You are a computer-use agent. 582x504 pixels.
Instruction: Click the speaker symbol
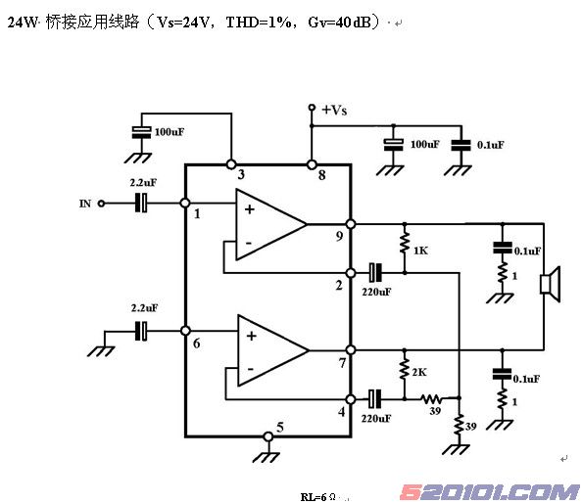point(550,284)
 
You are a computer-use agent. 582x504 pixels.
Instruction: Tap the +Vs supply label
point(334,111)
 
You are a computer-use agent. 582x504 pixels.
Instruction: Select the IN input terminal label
point(85,204)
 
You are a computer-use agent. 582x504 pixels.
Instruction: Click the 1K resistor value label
point(421,251)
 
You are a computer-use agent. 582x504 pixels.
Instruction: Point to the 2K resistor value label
point(419,372)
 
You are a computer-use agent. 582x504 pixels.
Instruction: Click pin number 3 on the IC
point(241,174)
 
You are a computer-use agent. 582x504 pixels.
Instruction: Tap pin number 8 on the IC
point(321,175)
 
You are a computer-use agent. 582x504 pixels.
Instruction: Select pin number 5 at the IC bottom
point(280,428)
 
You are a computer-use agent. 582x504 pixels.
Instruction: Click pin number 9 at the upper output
point(339,236)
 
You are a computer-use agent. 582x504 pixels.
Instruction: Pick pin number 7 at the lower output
point(342,363)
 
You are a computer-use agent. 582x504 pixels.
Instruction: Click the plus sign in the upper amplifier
point(250,209)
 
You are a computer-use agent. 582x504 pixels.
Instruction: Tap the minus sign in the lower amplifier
point(250,369)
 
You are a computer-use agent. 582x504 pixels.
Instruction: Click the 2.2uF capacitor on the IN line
point(141,203)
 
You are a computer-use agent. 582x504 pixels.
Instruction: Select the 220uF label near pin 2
point(376,292)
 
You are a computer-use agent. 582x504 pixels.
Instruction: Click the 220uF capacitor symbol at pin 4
point(375,398)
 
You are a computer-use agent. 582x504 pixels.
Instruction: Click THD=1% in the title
point(259,23)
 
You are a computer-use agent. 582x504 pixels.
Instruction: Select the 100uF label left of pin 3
point(170,132)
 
